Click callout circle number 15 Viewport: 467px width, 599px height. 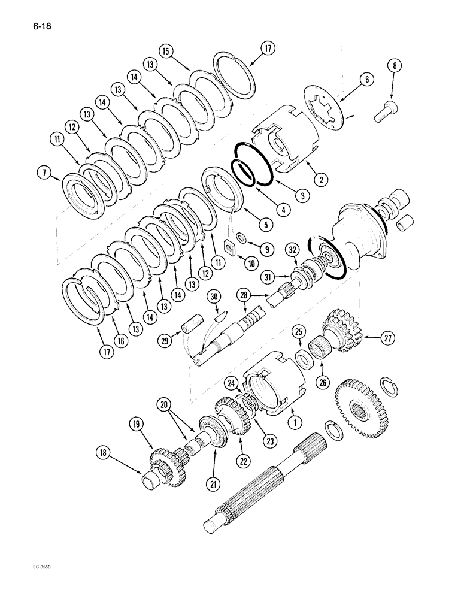(x=168, y=51)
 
